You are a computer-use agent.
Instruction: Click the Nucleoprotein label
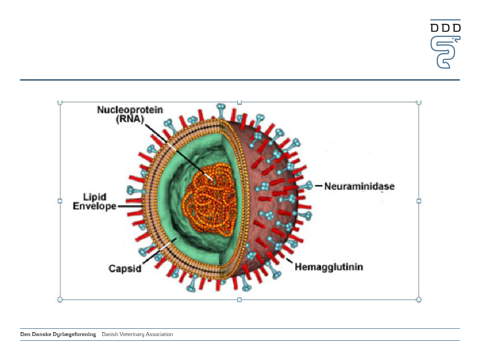pyautogui.click(x=130, y=110)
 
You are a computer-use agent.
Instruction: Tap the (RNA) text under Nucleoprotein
pyautogui.click(x=130, y=119)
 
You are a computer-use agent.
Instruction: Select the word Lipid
pyautogui.click(x=95, y=197)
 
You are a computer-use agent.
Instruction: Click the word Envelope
pyautogui.click(x=94, y=206)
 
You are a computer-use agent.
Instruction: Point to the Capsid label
pyautogui.click(x=125, y=268)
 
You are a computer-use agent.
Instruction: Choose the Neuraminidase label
pyautogui.click(x=360, y=186)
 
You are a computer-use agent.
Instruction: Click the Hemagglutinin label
pyautogui.click(x=329, y=267)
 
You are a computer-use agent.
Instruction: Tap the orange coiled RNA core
pyautogui.click(x=211, y=200)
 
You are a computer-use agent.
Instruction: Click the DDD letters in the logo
pyautogui.click(x=445, y=28)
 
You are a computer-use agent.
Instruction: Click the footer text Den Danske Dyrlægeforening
pyautogui.click(x=58, y=334)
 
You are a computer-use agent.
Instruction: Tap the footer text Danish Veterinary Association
pyautogui.click(x=137, y=334)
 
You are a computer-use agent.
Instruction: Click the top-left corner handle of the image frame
pyautogui.click(x=60, y=102)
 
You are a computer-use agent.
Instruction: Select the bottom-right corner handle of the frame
pyautogui.click(x=419, y=300)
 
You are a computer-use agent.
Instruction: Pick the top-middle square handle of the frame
pyautogui.click(x=240, y=102)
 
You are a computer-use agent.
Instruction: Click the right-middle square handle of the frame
pyautogui.click(x=419, y=201)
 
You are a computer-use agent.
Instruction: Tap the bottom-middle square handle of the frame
pyautogui.click(x=240, y=300)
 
